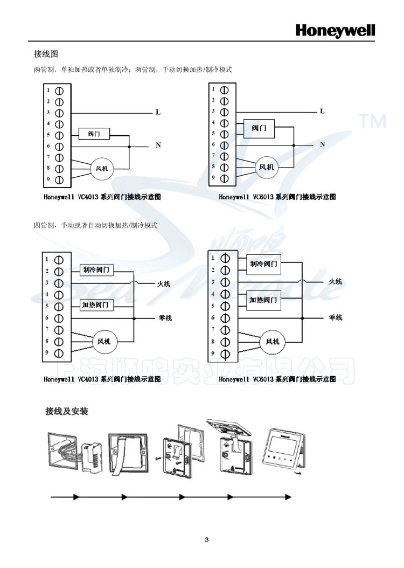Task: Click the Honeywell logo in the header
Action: point(335,30)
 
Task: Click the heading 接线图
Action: point(45,54)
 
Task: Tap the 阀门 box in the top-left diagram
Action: point(94,134)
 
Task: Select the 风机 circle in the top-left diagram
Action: point(102,168)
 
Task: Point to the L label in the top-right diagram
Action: point(322,112)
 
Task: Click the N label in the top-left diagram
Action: point(158,146)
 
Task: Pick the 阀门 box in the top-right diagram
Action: point(259,129)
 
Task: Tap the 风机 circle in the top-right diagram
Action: point(267,167)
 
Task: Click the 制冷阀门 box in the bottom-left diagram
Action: point(97,269)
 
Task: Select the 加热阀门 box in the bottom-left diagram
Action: point(97,305)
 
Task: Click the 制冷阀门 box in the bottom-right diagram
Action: point(264,264)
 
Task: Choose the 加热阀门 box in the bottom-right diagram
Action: point(264,299)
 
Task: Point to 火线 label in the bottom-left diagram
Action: point(164,283)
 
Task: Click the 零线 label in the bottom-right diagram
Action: point(336,318)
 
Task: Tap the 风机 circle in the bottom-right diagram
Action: point(273,341)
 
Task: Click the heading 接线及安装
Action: point(66,412)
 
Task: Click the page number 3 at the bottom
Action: point(206,540)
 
